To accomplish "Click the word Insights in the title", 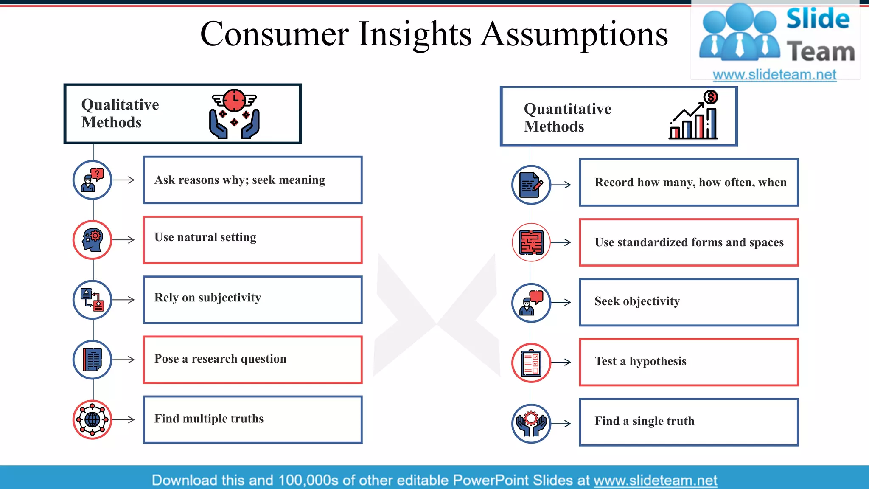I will tap(415, 35).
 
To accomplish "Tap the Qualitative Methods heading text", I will tap(120, 113).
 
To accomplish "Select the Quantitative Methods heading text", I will tap(567, 118).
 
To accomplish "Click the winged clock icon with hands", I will tap(234, 114).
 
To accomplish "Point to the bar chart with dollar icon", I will tap(694, 115).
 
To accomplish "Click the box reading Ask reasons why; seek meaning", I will tap(252, 180).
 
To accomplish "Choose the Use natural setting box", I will tap(252, 240).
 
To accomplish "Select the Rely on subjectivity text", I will tap(207, 298).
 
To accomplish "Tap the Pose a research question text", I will tap(220, 359).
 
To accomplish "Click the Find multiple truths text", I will tap(209, 419).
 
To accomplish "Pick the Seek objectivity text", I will tap(637, 301).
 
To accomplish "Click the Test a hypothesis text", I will tap(640, 361).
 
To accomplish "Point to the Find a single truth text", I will tap(645, 421).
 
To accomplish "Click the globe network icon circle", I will tap(93, 420).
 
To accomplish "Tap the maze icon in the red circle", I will tap(531, 242).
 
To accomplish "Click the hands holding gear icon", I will tap(531, 423).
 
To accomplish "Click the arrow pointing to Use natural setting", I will tap(124, 240).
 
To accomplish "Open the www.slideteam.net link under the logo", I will tap(774, 75).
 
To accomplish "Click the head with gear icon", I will tap(93, 240).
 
